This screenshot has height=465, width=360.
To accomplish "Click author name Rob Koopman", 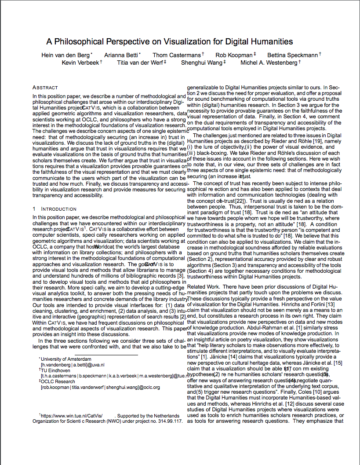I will pos(234,55).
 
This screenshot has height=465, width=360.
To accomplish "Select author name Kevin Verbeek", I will pos(80,63).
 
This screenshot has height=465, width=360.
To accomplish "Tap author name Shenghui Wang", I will pos(201,63).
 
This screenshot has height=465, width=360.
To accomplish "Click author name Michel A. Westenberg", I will pos(269,63).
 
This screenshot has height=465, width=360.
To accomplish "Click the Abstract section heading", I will pos(45,88).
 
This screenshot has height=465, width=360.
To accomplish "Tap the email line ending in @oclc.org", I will pos(100,387).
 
